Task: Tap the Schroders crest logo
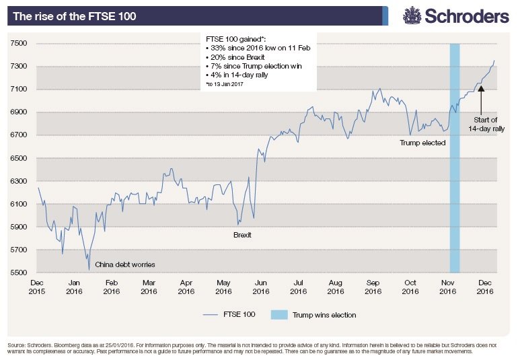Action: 413,15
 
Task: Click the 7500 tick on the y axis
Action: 18,44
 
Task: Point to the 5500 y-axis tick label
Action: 18,273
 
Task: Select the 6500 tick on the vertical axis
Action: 18,158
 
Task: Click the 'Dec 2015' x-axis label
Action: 38,289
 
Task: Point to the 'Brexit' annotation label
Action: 242,235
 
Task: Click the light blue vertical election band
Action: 455,168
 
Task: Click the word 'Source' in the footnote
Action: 18,345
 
